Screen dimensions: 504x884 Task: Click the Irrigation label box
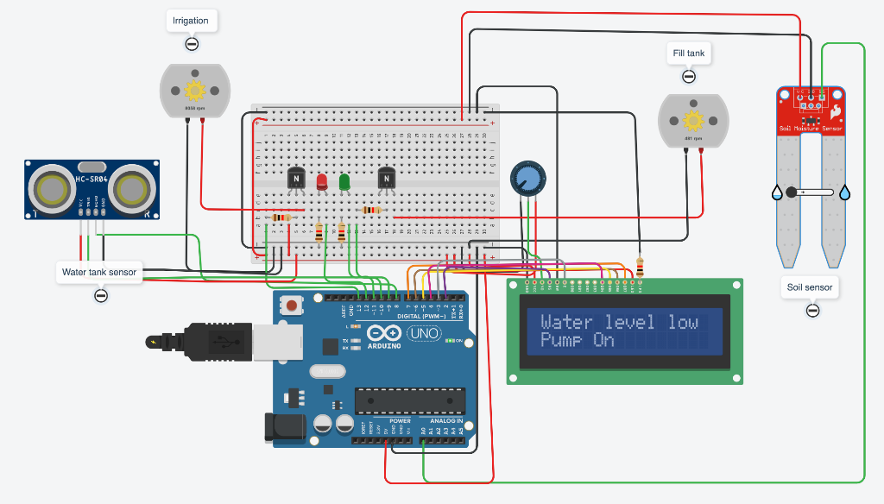[191, 21]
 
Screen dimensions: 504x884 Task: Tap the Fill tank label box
[689, 54]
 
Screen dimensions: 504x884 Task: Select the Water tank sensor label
[99, 272]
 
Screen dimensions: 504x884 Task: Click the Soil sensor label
[811, 287]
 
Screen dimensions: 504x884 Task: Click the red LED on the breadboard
[322, 182]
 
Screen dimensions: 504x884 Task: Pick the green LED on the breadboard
[344, 182]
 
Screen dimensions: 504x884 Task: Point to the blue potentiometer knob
[527, 178]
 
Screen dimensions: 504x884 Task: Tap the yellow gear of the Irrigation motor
[195, 90]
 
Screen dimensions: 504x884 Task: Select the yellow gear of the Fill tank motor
[693, 119]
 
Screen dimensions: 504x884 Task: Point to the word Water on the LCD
[566, 322]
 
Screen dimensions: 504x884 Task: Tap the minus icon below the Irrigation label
[192, 44]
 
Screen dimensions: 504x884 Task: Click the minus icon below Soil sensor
[811, 311]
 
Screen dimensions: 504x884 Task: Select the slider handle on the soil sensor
[791, 192]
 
